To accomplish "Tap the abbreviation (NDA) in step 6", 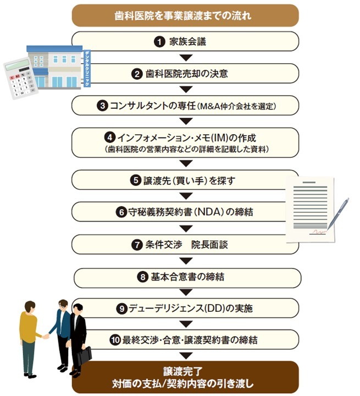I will pyautogui.click(x=218, y=212).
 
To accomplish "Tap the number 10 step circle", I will pyautogui.click(x=115, y=340).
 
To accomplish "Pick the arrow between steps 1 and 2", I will pyautogui.click(x=186, y=57).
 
